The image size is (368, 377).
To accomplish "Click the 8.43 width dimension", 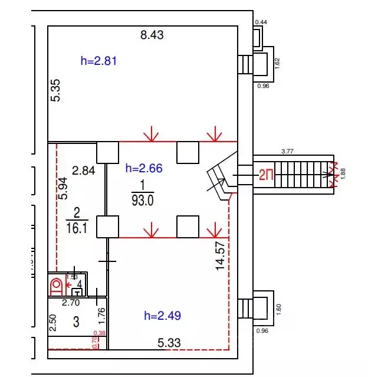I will tap(152, 35).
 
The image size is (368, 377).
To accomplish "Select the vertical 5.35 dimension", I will tap(56, 90).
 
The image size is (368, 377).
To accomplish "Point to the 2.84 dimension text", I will tap(83, 171).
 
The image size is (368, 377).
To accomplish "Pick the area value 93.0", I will tap(142, 200).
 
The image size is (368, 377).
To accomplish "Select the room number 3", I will tap(75, 322).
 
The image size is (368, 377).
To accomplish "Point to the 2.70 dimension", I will tap(72, 303).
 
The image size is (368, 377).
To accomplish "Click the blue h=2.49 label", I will tap(162, 316).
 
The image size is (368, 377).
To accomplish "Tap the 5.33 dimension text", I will tap(169, 342).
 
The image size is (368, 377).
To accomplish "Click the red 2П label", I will tap(266, 174).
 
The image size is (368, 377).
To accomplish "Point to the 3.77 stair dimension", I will tap(288, 152).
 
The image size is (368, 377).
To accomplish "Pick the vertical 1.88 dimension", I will tap(344, 173).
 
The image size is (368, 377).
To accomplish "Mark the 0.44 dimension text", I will tap(260, 22).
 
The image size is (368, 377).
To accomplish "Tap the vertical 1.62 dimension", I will tap(277, 64).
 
